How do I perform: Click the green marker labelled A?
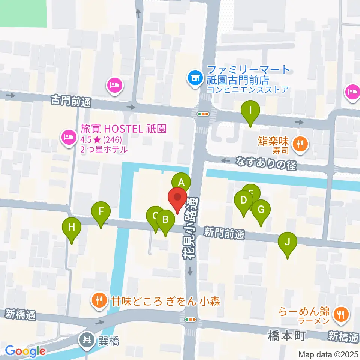coord(181,183)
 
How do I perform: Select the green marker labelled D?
coord(244,200)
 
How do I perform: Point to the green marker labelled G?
coord(261,209)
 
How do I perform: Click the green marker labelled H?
coord(72,227)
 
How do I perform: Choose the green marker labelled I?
coord(251,111)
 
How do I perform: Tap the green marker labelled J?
coord(288,241)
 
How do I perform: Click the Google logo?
coord(25,351)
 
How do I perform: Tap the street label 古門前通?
coord(71,100)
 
